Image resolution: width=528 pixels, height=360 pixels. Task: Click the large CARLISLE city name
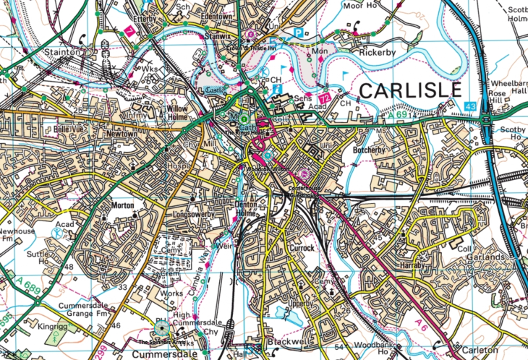[x=409, y=90]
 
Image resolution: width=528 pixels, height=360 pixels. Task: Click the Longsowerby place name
[x=192, y=215]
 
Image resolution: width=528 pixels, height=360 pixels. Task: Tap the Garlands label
[x=485, y=257]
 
